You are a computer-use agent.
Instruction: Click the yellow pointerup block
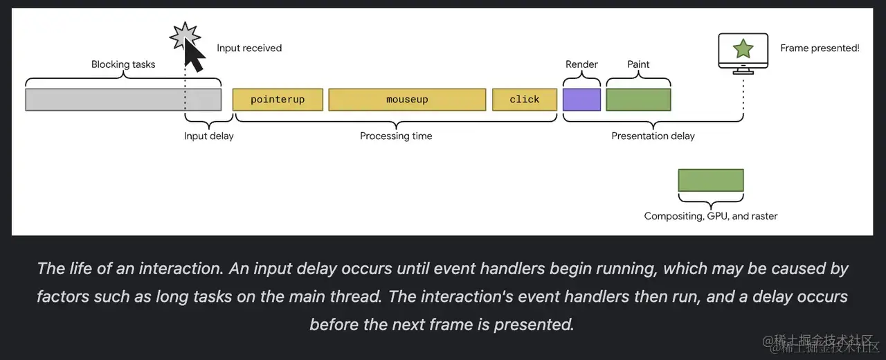pyautogui.click(x=278, y=100)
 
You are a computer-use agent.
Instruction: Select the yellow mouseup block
pyautogui.click(x=407, y=100)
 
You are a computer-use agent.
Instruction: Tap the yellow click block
pyautogui.click(x=525, y=100)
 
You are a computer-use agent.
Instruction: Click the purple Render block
pyautogui.click(x=581, y=100)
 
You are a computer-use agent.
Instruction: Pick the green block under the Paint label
pyautogui.click(x=638, y=100)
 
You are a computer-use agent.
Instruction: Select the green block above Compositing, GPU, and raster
pyautogui.click(x=711, y=180)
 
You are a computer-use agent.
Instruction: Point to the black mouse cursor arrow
pyautogui.click(x=194, y=57)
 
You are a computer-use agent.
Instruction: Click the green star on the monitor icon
pyautogui.click(x=743, y=48)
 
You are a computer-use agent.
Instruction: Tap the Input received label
pyautogui.click(x=249, y=48)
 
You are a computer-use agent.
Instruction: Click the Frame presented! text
pyautogui.click(x=820, y=48)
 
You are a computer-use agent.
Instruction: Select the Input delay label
pyautogui.click(x=208, y=136)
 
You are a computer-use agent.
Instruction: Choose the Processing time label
pyautogui.click(x=396, y=136)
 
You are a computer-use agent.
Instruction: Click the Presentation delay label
pyautogui.click(x=653, y=136)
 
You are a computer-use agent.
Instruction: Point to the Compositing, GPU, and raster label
pyautogui.click(x=711, y=216)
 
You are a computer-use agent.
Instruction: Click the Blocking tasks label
pyautogui.click(x=123, y=64)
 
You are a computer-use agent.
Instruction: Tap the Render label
pyautogui.click(x=581, y=64)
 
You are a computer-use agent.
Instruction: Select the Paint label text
pyautogui.click(x=638, y=64)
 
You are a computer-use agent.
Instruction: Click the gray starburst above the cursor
pyautogui.click(x=185, y=35)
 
